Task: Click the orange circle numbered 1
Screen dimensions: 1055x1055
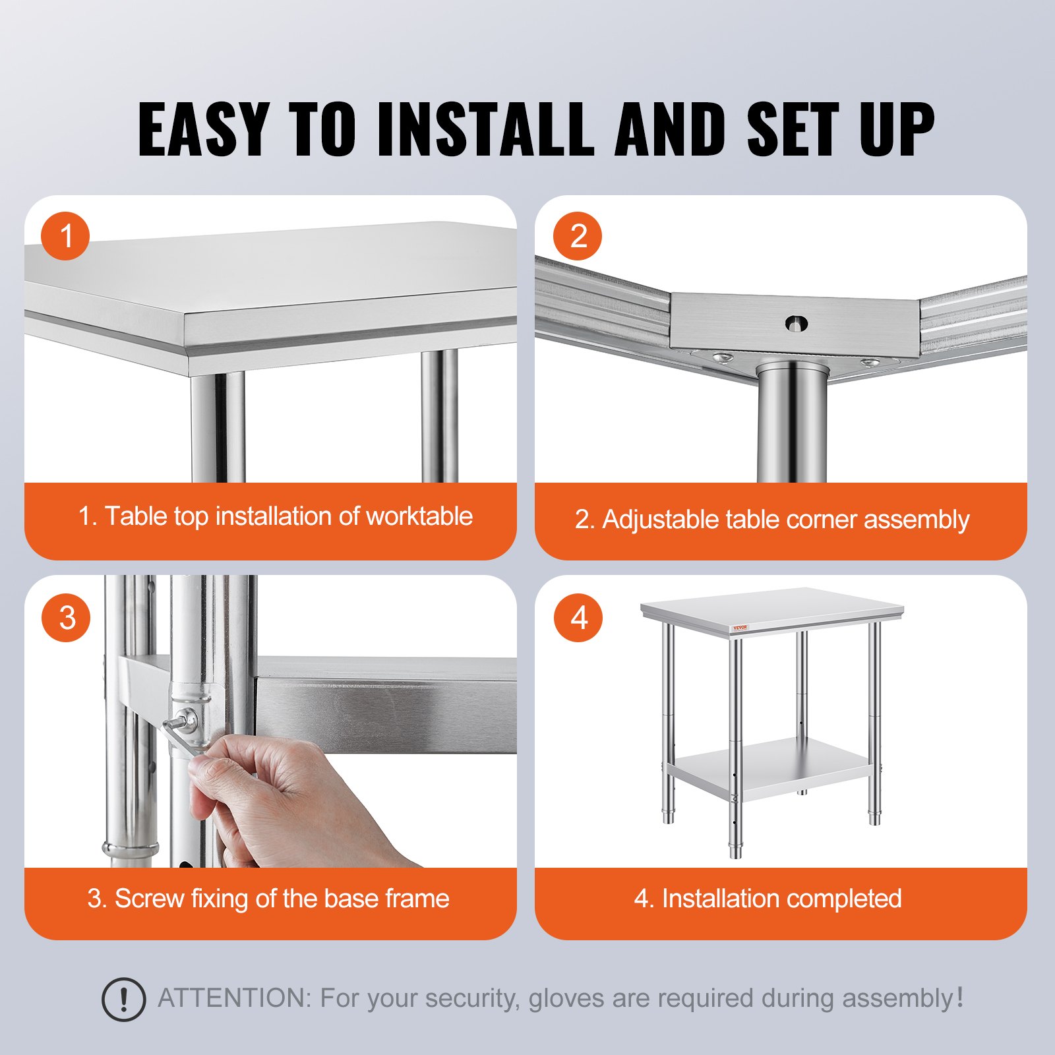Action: (x=65, y=236)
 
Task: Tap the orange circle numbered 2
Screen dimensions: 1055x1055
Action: (x=577, y=236)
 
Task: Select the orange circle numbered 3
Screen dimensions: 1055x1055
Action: (x=65, y=618)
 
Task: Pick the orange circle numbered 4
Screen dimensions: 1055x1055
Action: (x=578, y=618)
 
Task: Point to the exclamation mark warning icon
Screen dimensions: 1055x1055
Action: (x=123, y=1000)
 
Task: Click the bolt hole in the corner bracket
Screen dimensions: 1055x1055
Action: (x=796, y=323)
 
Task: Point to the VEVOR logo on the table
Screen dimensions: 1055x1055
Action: (x=740, y=628)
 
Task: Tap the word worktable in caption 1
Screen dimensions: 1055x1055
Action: (x=419, y=516)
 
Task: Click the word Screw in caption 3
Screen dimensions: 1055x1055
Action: (x=149, y=899)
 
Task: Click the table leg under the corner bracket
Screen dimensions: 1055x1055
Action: (x=791, y=429)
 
